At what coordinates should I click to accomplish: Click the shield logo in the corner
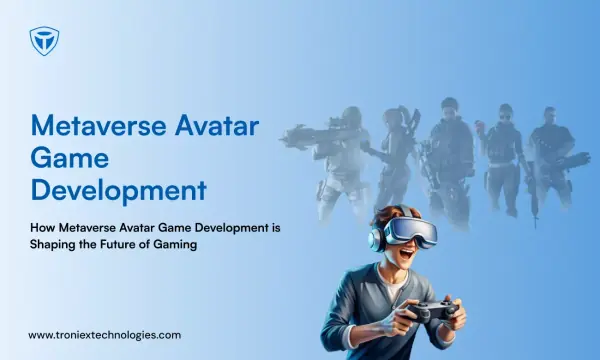[44, 41]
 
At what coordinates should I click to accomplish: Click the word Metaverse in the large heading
[99, 125]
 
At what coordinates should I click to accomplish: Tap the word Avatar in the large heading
[217, 125]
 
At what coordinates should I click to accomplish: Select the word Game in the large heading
[70, 158]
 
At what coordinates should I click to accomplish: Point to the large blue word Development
[119, 190]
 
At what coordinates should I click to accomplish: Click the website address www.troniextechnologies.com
[104, 336]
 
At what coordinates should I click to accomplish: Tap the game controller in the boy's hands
[432, 310]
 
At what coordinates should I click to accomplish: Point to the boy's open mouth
[407, 254]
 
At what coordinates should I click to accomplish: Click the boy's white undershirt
[393, 285]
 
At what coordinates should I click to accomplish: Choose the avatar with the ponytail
[394, 161]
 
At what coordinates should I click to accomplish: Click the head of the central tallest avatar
[450, 108]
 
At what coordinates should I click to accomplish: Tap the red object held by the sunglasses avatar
[478, 125]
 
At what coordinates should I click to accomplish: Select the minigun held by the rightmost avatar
[570, 160]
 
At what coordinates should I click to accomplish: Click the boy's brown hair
[386, 217]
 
